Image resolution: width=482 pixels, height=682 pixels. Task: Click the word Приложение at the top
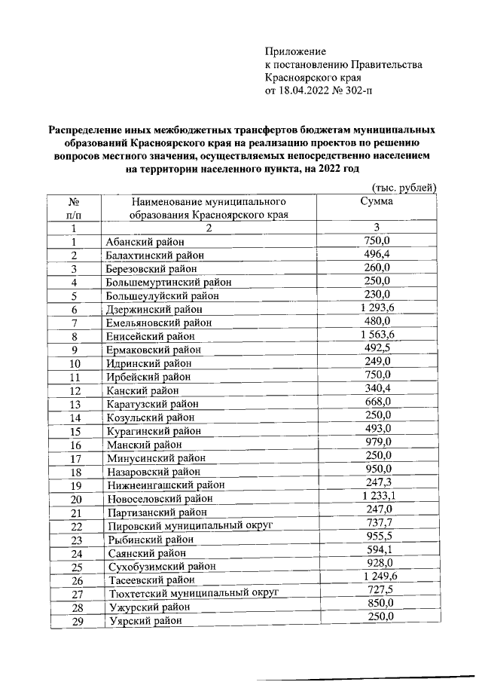295,52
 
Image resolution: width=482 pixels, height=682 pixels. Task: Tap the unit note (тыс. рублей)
405,188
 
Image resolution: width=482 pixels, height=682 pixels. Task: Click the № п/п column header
75,208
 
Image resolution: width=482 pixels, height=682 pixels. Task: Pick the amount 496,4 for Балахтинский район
377,255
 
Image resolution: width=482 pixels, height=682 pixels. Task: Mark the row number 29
75,620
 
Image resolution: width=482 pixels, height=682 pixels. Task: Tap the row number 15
75,431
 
